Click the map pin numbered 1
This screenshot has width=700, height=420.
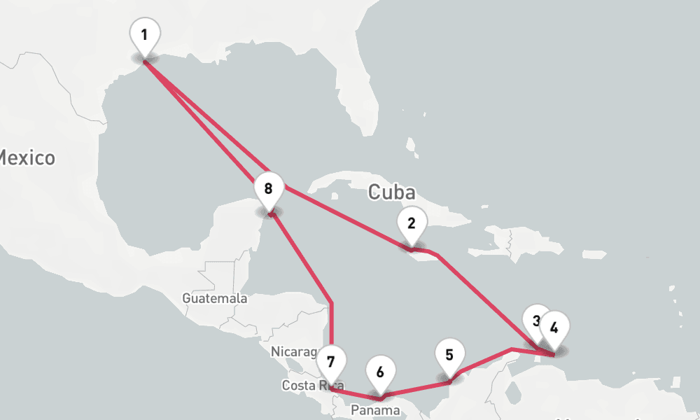(145, 34)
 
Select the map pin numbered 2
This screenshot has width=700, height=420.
(412, 224)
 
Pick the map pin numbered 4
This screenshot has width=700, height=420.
(554, 327)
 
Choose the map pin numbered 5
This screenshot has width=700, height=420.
(449, 355)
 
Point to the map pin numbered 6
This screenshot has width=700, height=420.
(380, 372)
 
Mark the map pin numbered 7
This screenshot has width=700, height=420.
(331, 363)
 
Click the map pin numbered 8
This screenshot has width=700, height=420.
(269, 188)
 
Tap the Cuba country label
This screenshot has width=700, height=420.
(391, 192)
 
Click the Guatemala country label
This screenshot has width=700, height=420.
(215, 298)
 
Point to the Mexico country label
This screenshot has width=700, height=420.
(27, 157)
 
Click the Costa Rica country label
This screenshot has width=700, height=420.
(308, 386)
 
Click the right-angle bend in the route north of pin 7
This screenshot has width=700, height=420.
(331, 303)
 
